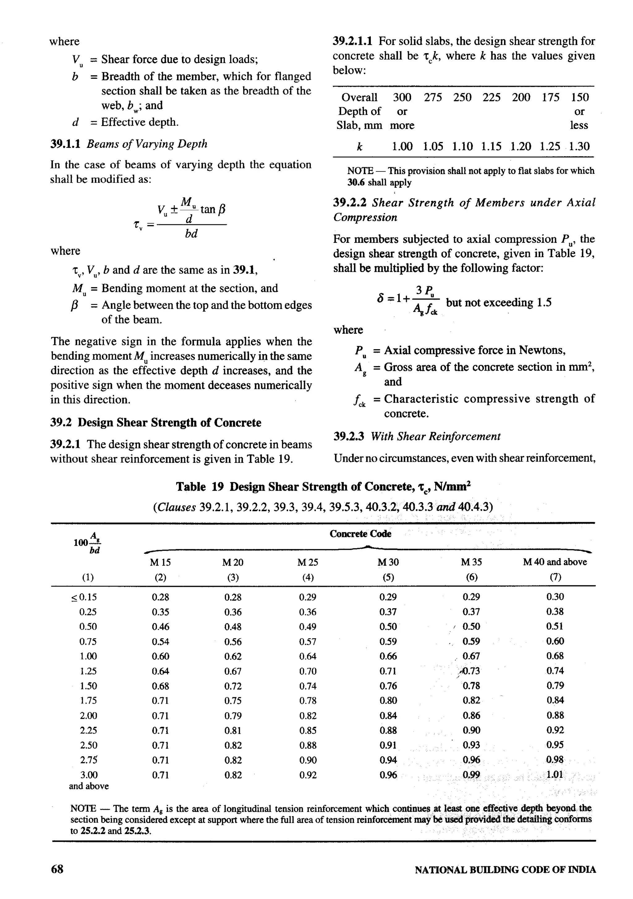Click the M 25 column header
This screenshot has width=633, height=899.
coord(308,562)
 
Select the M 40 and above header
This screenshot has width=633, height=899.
coord(555,562)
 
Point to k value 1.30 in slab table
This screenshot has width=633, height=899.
coord(579,146)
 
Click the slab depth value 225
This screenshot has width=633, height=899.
coord(491,97)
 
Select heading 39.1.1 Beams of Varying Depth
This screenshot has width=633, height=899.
coord(129,144)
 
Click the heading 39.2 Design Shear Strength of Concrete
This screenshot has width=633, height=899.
coord(155,422)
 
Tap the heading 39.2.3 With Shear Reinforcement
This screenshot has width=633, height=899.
coord(417,436)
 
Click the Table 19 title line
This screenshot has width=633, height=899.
coord(323,487)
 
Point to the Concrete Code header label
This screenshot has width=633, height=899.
coord(360,534)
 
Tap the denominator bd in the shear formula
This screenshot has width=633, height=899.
coord(191,233)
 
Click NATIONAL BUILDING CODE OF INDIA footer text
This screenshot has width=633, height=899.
coord(505,870)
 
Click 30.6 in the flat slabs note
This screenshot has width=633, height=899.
coord(356,182)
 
